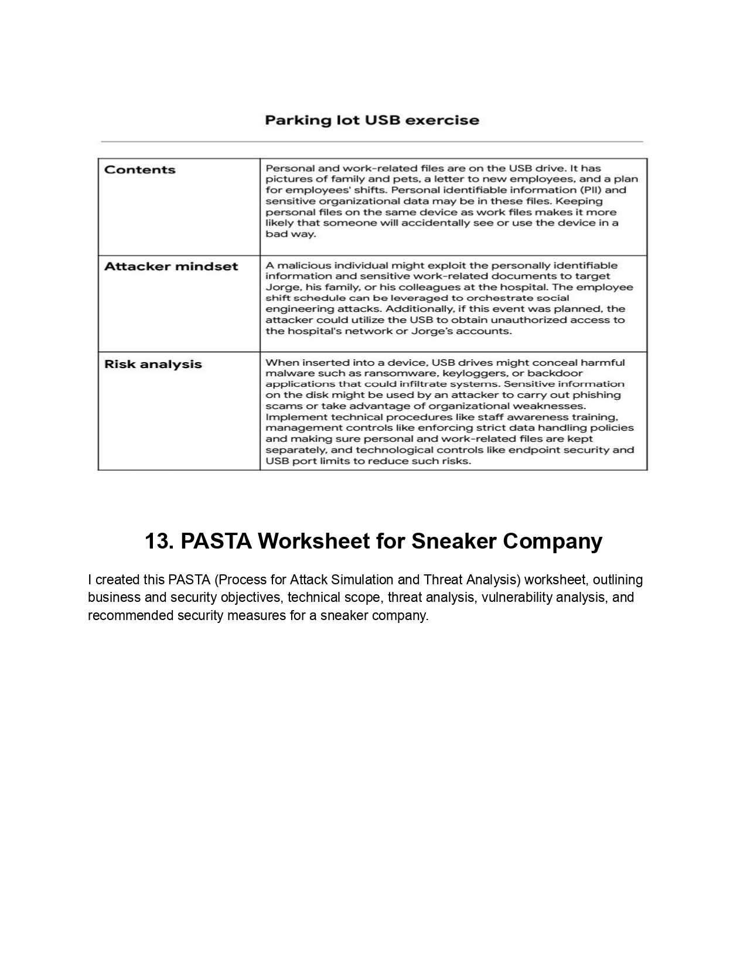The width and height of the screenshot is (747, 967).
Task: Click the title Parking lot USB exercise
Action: [x=372, y=121]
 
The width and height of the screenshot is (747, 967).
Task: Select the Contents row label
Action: [x=139, y=170]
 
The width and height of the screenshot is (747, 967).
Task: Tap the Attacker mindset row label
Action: [x=171, y=267]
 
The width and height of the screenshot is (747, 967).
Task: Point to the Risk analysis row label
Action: [x=153, y=365]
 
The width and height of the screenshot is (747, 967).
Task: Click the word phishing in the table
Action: [x=596, y=395]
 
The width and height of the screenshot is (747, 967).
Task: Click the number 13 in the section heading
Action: [x=156, y=541]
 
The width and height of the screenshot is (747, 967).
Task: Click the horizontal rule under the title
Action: [x=372, y=142]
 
